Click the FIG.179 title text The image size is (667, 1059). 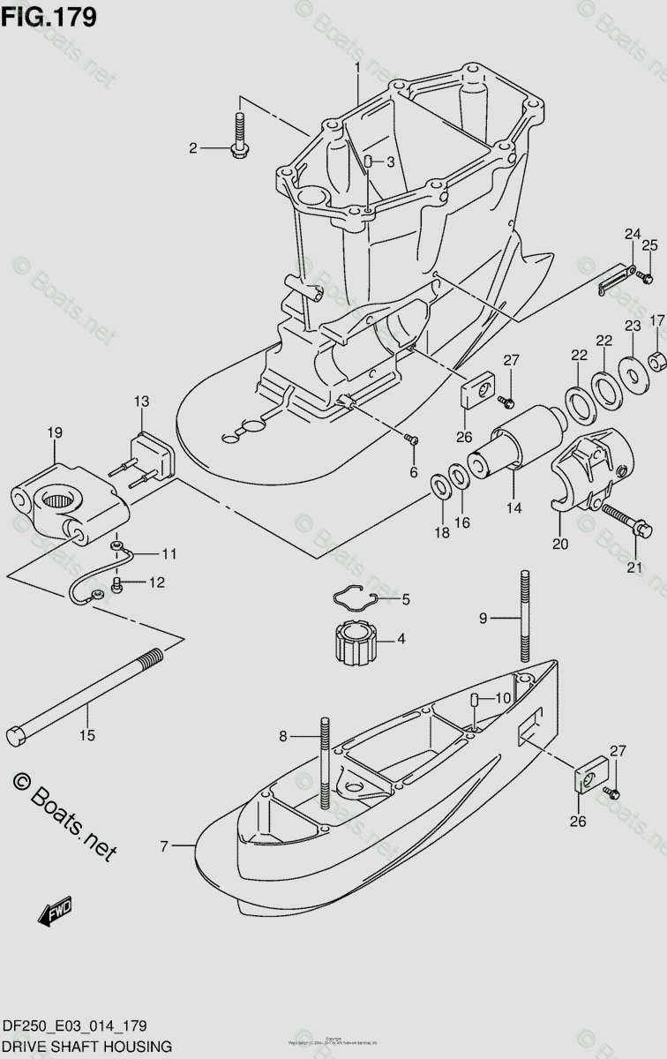click(49, 17)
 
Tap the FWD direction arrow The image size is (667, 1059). click(56, 911)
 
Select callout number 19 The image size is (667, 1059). click(55, 433)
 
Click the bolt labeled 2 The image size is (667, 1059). click(240, 137)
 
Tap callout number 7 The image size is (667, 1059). click(164, 847)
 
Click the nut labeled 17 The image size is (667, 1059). click(655, 361)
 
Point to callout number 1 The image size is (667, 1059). click(358, 68)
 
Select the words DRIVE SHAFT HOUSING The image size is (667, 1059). click(86, 1046)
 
